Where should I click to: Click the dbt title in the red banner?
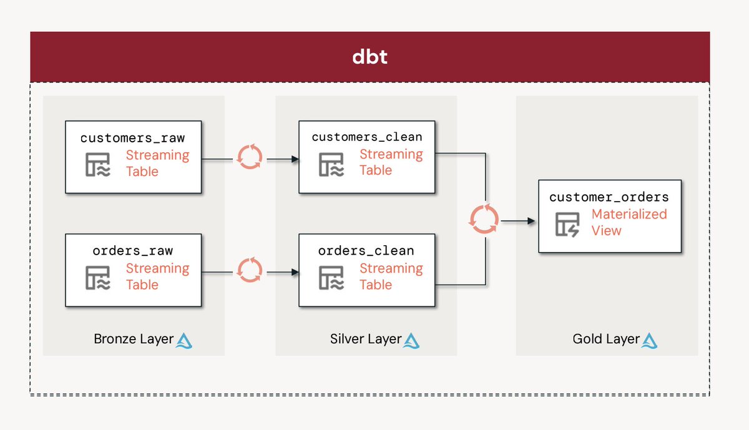[370, 57]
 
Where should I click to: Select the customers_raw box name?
[133, 137]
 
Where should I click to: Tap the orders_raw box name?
[133, 251]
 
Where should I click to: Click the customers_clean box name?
[366, 137]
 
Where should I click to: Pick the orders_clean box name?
[366, 251]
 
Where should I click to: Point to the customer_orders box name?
[609, 197]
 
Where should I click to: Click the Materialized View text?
[629, 222]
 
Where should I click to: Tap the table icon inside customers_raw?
[97, 164]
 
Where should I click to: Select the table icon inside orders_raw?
[97, 277]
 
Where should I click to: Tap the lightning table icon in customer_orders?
[567, 223]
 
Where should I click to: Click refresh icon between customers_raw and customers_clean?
[250, 157]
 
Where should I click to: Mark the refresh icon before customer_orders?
[484, 220]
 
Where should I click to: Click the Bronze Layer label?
[134, 339]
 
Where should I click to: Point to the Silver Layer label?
[366, 339]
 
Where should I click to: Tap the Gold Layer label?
[606, 339]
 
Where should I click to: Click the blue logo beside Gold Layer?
[650, 340]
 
